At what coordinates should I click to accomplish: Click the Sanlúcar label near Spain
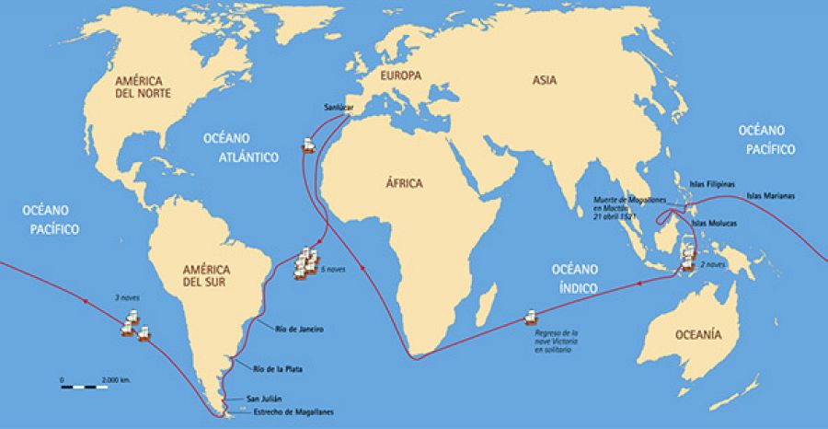tap(338, 108)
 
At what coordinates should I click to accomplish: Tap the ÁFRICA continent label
tap(405, 183)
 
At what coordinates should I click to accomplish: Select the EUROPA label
tap(402, 76)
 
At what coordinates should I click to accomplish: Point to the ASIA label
tap(544, 80)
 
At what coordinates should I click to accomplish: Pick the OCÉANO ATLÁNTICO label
tap(242, 148)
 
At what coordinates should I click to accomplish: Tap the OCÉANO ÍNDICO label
tap(575, 279)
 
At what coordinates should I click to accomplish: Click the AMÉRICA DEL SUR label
tap(208, 276)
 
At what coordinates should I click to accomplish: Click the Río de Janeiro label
tap(300, 329)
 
